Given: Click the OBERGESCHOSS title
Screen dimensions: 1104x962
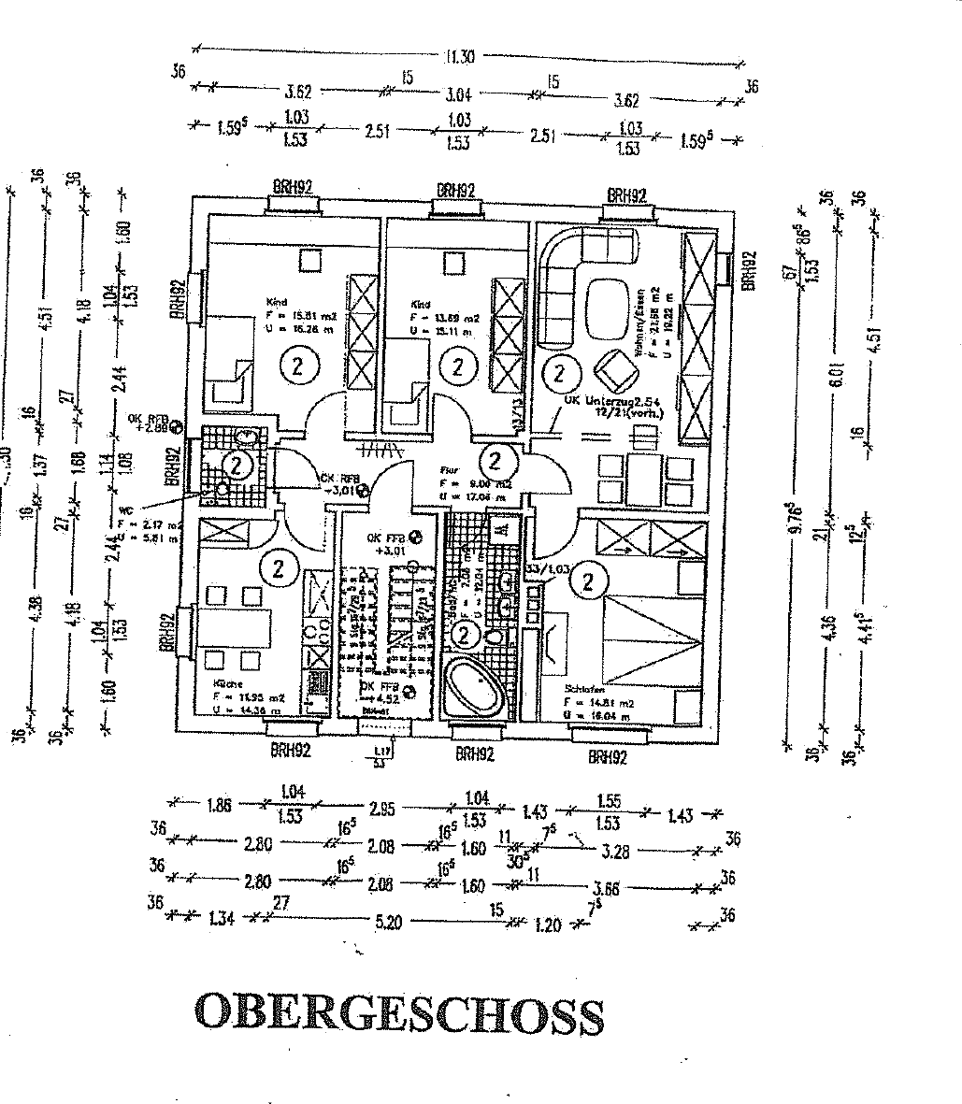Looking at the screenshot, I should [398, 1012].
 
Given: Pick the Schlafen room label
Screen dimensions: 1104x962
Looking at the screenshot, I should [584, 690].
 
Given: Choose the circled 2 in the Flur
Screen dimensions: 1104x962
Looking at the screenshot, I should [495, 460].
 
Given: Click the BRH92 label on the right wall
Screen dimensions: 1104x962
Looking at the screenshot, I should [747, 271].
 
